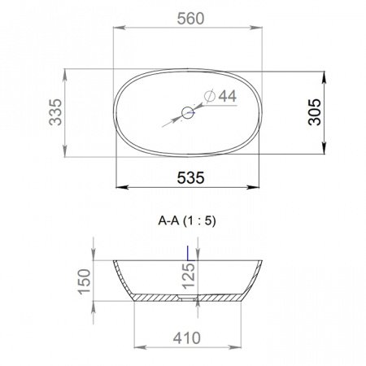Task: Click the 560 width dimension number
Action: tap(190, 19)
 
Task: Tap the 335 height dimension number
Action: tap(55, 112)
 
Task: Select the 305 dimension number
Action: tap(315, 112)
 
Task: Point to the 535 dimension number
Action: tap(190, 178)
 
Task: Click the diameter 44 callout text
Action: tap(220, 96)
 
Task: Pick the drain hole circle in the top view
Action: tap(188, 112)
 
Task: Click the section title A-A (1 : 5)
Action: tap(187, 221)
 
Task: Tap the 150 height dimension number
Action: tap(84, 281)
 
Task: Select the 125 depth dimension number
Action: tap(189, 276)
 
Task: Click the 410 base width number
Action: tap(187, 338)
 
